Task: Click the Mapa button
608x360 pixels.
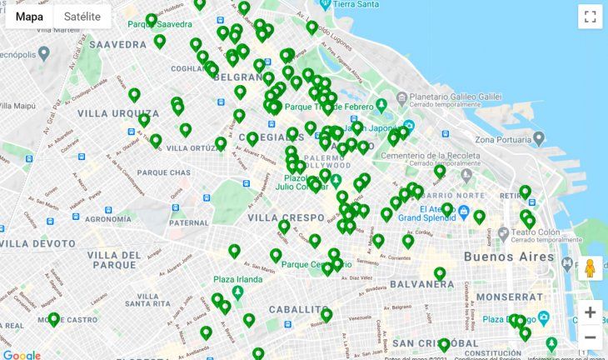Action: pyautogui.click(x=30, y=17)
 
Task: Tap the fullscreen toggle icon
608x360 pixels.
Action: pyautogui.click(x=590, y=17)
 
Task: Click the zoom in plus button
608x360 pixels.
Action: pyautogui.click(x=590, y=312)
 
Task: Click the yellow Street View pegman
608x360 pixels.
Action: pyautogui.click(x=590, y=268)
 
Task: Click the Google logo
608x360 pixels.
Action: pyautogui.click(x=22, y=354)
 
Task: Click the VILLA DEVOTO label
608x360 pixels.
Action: pyautogui.click(x=33, y=243)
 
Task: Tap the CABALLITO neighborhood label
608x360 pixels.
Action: pyautogui.click(x=301, y=309)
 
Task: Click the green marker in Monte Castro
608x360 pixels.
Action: pyautogui.click(x=54, y=318)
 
